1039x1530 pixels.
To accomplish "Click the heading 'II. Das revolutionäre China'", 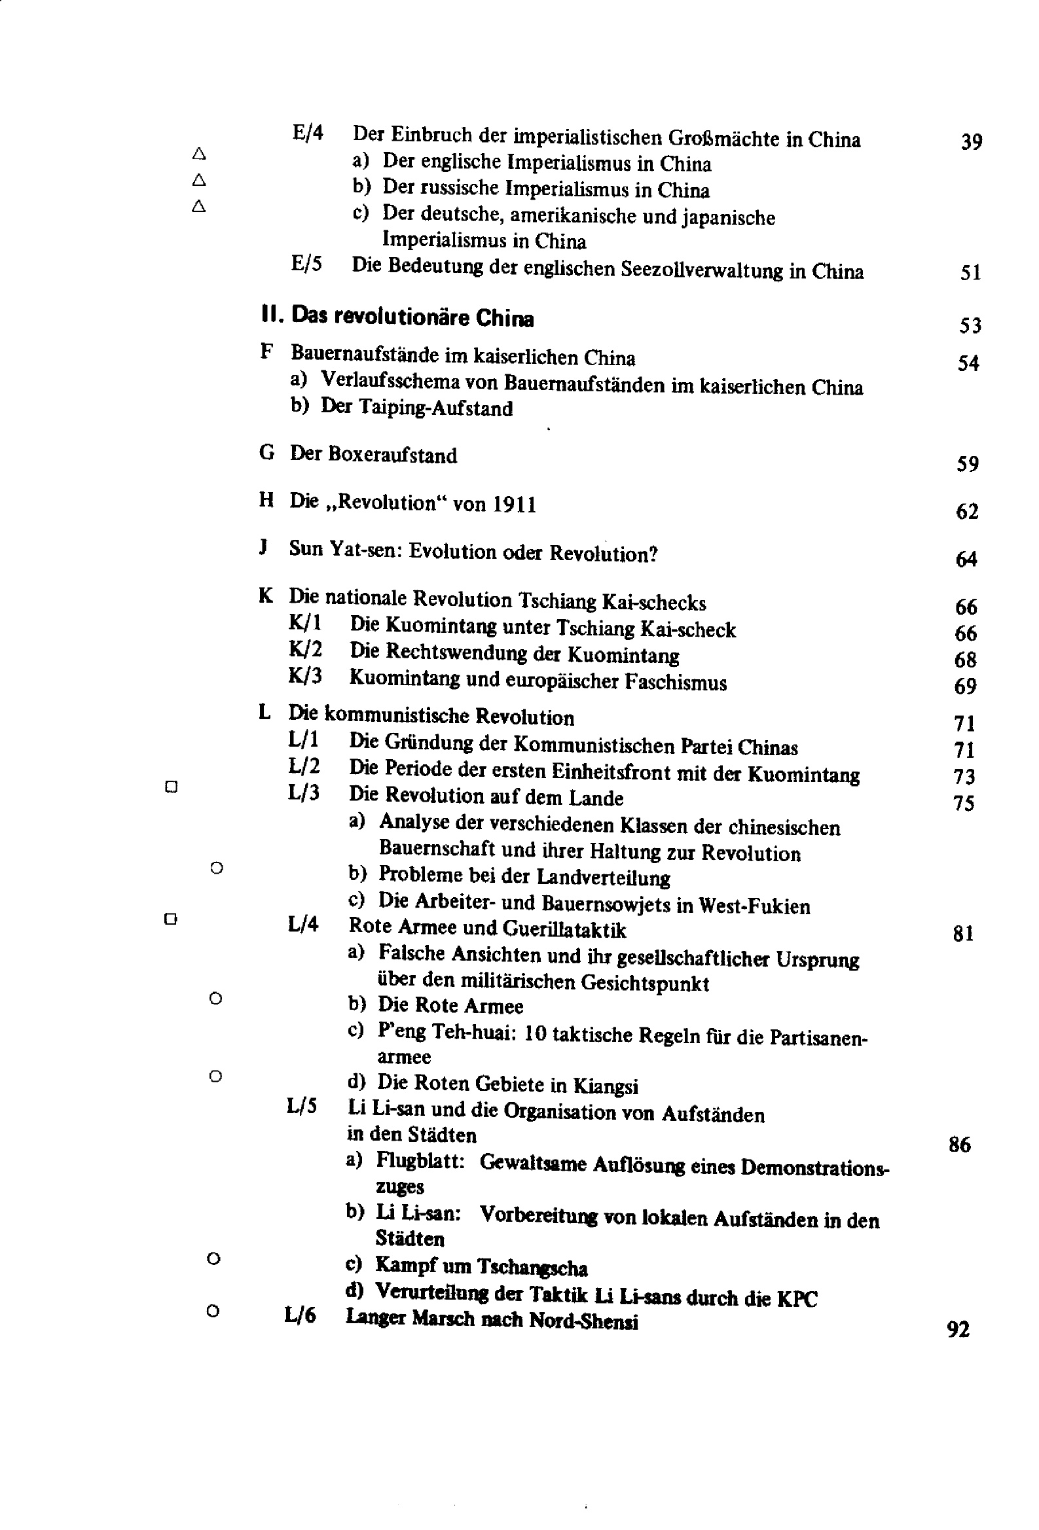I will (397, 317).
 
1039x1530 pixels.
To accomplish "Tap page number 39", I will (971, 141).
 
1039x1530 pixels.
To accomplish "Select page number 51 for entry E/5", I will (970, 272).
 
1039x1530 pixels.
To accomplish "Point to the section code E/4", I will (308, 133).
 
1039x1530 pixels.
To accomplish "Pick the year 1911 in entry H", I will (514, 505).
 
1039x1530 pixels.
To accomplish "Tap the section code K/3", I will (304, 677).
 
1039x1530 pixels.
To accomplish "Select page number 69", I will (965, 686).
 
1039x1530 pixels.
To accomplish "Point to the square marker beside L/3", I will (172, 787).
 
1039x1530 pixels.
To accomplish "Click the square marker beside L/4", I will (171, 918).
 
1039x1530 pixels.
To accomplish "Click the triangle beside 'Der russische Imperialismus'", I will (199, 180).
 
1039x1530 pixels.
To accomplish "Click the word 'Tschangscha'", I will (532, 1267).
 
